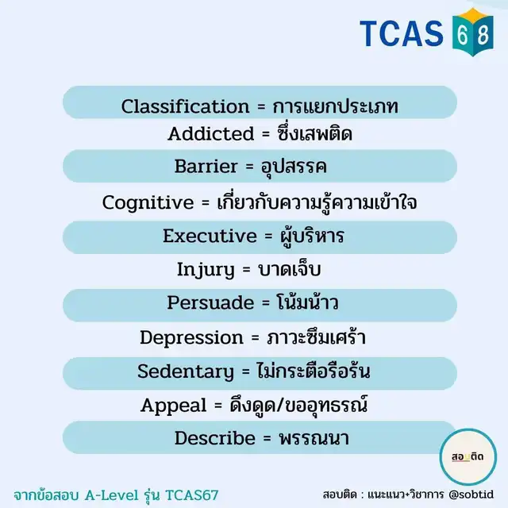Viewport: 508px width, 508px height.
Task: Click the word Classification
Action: [x=185, y=106]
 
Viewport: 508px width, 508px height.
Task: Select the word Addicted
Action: [x=210, y=133]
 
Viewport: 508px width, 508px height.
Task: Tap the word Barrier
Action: [x=206, y=166]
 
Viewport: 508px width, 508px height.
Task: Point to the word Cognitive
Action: [x=148, y=203]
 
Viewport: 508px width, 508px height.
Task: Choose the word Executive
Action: [x=210, y=236]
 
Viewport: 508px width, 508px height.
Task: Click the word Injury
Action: [x=206, y=270]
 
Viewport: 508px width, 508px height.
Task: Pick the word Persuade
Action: [x=210, y=302]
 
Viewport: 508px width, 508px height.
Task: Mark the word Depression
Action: [x=191, y=338]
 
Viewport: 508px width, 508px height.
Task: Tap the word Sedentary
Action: [x=185, y=371]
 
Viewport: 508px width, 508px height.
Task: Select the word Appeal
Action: [x=173, y=406]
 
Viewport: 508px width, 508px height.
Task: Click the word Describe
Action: [x=215, y=438]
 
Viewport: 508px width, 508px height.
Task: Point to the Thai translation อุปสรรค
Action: [x=294, y=167]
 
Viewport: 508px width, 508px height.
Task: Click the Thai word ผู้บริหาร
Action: [x=311, y=235]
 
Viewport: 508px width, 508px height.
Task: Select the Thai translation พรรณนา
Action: [x=314, y=438]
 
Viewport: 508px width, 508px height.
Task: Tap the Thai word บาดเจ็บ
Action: [x=289, y=269]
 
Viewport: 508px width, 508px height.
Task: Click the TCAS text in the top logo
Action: [x=402, y=33]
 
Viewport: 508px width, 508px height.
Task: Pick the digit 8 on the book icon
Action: [x=483, y=35]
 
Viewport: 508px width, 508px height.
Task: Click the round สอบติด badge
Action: [x=468, y=457]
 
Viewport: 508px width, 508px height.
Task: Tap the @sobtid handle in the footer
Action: [x=471, y=495]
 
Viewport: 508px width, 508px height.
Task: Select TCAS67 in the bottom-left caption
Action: [x=192, y=495]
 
